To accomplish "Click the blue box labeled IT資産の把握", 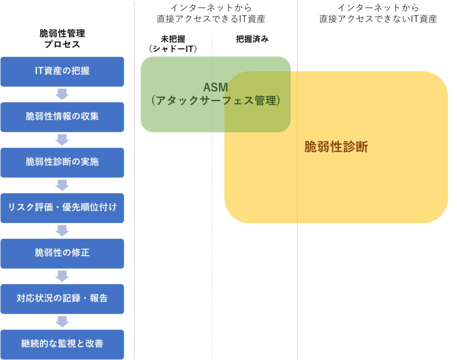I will click(x=62, y=71).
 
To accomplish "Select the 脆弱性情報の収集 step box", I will click(x=62, y=117).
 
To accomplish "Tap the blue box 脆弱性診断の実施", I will click(x=62, y=162).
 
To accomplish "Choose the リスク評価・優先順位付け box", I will click(x=62, y=208).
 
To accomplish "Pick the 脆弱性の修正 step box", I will click(x=62, y=253).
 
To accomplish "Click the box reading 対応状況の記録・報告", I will click(x=62, y=299).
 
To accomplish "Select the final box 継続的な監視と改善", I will click(x=62, y=344).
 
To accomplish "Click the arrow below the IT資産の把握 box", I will click(x=62, y=94).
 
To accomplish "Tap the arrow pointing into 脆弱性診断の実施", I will click(x=62, y=140).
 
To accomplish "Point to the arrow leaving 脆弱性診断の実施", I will click(x=62, y=185).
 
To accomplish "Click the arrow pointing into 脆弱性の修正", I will click(x=62, y=231).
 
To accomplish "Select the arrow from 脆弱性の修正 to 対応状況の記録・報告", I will click(x=62, y=276).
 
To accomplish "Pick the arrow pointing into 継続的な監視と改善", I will click(x=62, y=322).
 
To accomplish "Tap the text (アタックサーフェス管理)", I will click(x=215, y=101).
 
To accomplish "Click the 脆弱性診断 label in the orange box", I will click(x=336, y=147).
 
